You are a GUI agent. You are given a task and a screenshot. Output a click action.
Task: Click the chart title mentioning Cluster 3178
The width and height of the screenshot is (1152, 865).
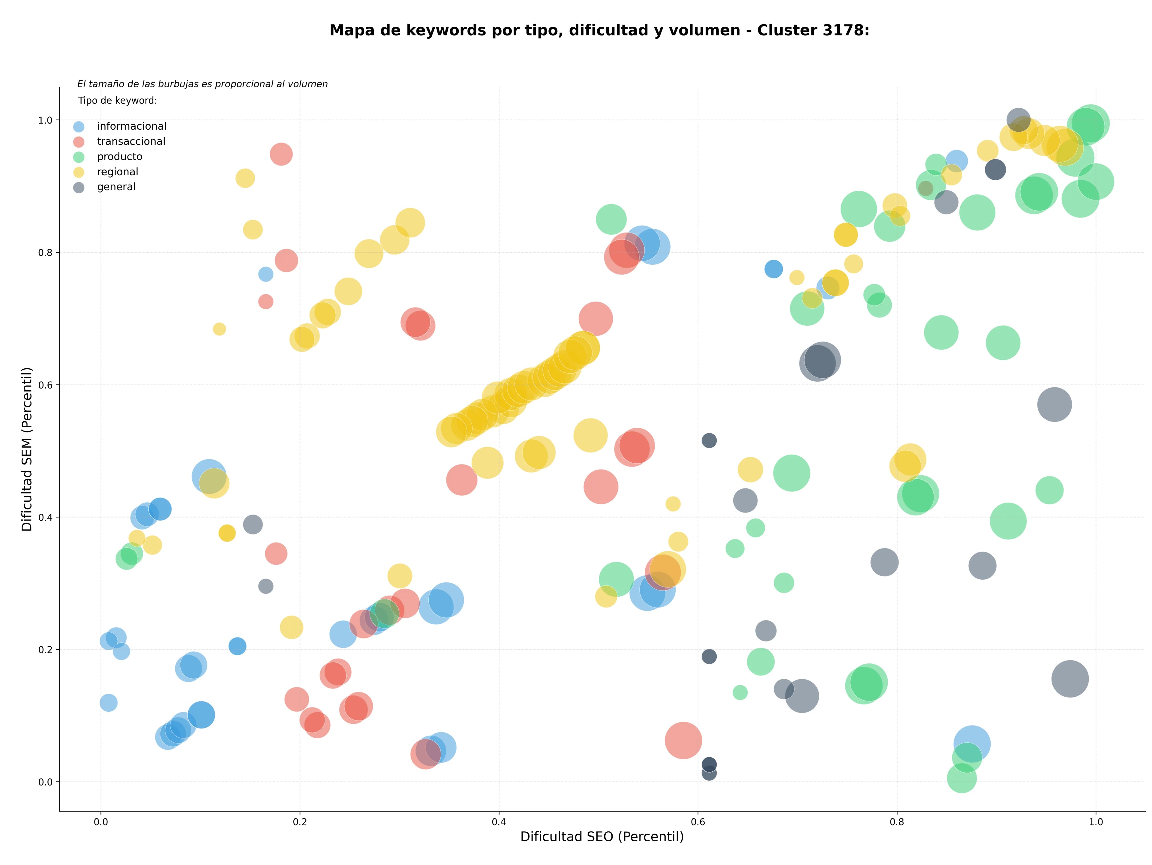599,30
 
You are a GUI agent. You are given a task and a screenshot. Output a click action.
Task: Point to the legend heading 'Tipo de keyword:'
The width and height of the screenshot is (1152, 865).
118,101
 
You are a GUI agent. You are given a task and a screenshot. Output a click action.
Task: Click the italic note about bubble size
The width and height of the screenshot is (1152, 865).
202,84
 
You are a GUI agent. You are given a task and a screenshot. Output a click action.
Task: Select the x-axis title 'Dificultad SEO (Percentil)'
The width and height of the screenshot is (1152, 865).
602,837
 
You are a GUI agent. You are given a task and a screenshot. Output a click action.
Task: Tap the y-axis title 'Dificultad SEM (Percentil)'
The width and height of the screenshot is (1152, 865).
27,449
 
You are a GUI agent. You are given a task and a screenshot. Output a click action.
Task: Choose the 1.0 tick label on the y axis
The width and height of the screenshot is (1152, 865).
46,120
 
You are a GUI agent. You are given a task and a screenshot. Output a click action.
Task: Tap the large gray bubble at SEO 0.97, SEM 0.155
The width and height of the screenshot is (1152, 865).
1070,679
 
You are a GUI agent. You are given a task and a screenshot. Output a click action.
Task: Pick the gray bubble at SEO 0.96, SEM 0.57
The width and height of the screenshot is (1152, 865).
1054,404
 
